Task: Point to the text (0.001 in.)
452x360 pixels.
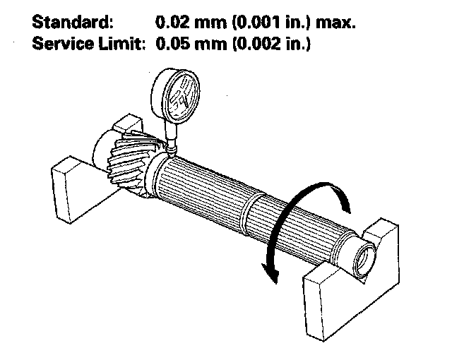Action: pos(272,22)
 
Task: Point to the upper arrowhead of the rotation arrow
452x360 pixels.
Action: pos(345,203)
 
